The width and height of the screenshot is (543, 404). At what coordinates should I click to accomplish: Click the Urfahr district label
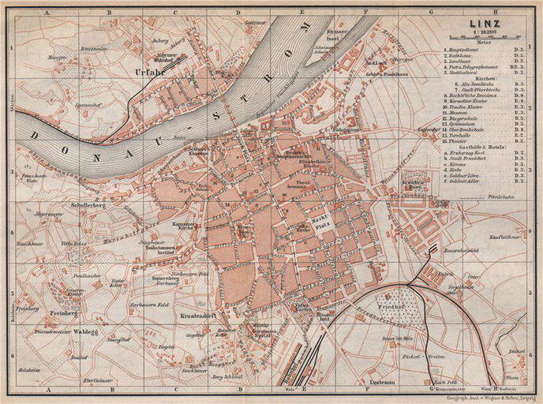tap(148, 73)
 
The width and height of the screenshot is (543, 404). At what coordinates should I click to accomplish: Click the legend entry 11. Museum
tap(464, 115)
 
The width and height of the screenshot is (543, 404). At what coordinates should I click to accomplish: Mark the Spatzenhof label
tap(87, 105)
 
